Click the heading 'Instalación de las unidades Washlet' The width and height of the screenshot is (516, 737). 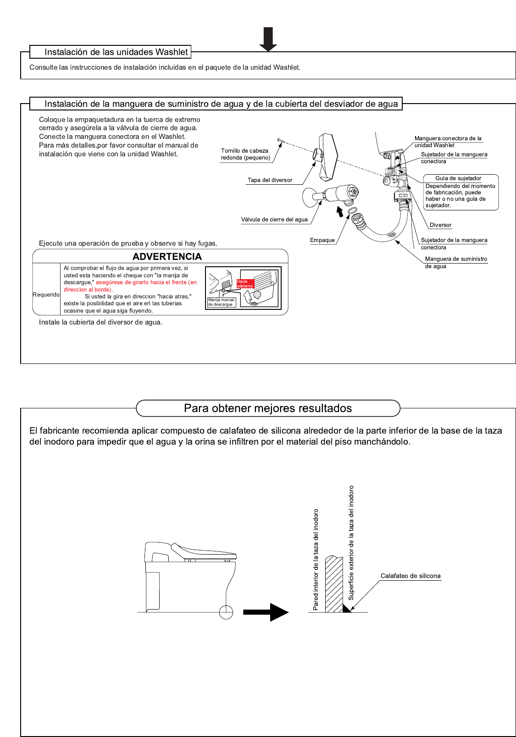[116, 52]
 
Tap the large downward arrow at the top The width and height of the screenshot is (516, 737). [268, 38]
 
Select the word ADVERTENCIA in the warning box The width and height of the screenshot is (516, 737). [167, 257]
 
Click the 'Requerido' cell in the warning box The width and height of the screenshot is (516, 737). [46, 295]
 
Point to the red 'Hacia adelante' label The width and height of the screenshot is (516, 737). [244, 284]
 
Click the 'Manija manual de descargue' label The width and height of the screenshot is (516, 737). [221, 302]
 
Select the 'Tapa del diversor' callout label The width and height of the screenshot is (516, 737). [270, 180]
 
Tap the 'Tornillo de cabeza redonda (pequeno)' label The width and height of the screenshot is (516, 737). [245, 154]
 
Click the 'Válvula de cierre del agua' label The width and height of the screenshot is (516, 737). [274, 220]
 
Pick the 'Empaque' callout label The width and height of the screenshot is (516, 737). [322, 240]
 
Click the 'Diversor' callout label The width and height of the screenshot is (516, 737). [440, 225]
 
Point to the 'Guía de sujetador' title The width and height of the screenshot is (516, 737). [458, 178]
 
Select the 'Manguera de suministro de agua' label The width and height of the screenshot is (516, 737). [455, 262]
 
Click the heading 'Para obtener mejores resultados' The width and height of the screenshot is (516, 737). [268, 408]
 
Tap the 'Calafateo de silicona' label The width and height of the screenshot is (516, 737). [410, 576]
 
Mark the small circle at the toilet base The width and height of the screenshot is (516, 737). [226, 612]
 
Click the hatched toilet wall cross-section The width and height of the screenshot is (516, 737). [334, 584]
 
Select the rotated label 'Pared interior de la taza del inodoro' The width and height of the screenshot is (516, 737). [316, 559]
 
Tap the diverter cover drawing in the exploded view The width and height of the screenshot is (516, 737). [328, 156]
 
